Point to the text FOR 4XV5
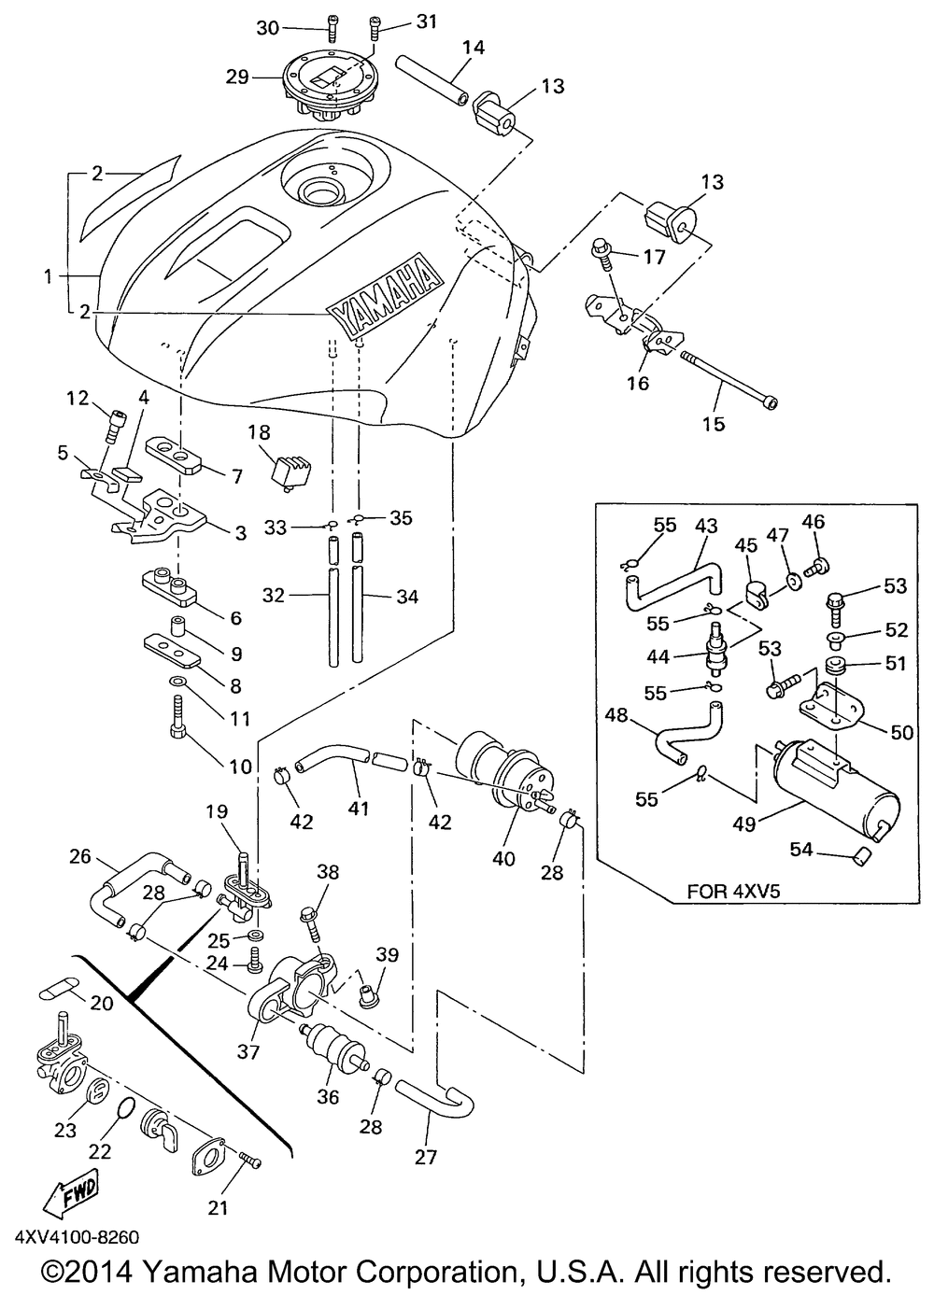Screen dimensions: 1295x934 733,891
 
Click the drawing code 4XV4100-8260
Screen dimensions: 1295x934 77,1238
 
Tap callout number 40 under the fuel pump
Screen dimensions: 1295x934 503,858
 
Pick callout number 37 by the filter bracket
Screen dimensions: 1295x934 248,1052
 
